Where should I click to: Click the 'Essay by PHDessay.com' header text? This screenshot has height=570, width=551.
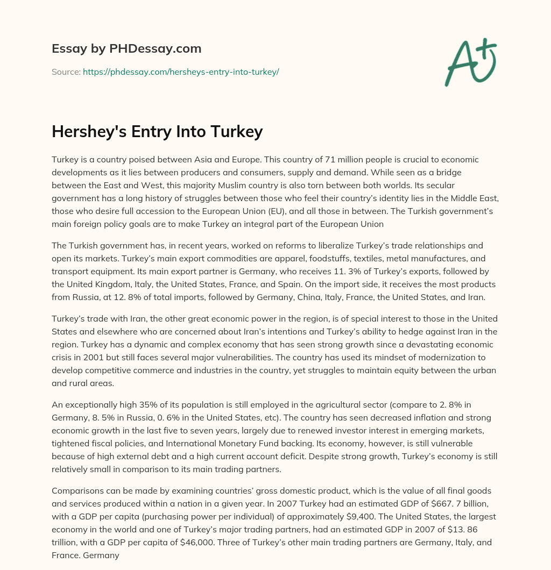pos(126,49)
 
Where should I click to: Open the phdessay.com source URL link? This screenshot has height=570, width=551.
pos(181,72)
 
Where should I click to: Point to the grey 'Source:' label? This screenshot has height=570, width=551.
pos(66,72)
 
